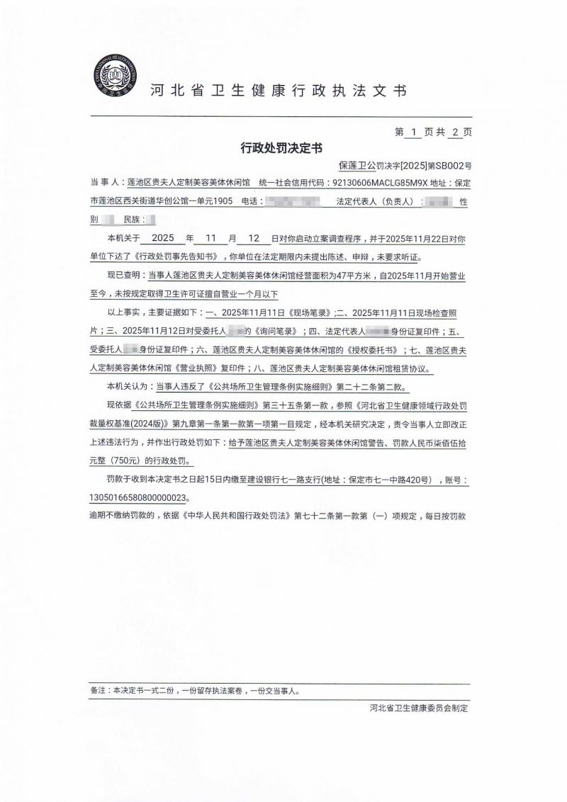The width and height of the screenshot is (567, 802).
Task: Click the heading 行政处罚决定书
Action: click(281, 149)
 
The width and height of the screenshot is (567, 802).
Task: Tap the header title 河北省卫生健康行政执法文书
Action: click(279, 91)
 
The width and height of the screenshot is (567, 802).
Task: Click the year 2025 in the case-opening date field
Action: click(162, 239)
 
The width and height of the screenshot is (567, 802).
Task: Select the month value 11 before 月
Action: click(212, 239)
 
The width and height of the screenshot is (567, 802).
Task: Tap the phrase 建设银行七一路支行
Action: click(281, 480)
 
